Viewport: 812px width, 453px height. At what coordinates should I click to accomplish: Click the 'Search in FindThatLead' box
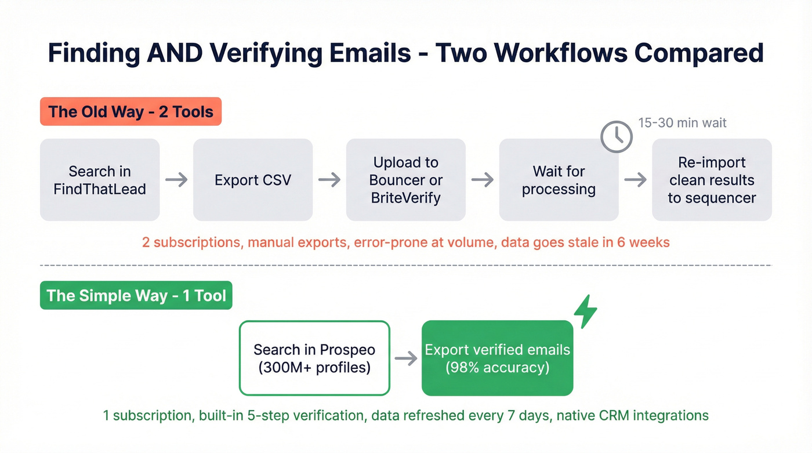coord(100,180)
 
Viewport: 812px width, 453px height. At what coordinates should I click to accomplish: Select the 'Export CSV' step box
coord(253,180)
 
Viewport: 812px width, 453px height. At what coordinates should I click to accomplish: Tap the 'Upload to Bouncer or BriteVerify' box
coord(406,180)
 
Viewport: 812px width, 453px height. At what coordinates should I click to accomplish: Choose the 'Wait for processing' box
coord(559,180)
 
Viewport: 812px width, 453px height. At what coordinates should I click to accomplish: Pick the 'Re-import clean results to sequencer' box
coord(712,180)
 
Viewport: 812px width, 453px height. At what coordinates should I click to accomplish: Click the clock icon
coord(616,137)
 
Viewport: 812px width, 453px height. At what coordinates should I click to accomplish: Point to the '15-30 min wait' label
coord(682,123)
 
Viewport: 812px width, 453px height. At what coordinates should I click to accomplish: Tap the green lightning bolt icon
coord(585,311)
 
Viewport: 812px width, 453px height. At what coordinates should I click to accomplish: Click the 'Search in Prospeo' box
coord(314,358)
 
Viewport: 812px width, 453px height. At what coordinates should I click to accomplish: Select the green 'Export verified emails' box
coord(497,358)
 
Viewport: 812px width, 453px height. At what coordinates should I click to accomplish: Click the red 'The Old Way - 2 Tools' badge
coord(130,111)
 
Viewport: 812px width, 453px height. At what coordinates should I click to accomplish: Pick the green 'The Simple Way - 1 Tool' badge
coord(136,296)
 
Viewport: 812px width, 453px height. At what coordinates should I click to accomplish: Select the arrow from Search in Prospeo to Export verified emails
coord(406,358)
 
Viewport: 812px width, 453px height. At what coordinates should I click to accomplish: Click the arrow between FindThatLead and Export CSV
coord(176,180)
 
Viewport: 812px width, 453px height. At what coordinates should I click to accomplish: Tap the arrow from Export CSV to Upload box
coord(329,180)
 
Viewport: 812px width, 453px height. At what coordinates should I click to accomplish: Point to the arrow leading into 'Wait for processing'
coord(483,180)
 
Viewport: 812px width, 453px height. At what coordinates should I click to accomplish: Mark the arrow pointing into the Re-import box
coord(635,180)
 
